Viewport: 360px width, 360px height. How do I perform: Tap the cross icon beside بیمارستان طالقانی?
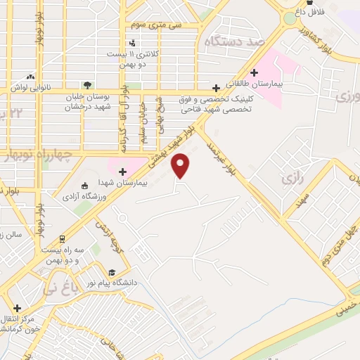[x=254, y=72]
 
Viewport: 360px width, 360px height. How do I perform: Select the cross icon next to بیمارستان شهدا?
[x=122, y=171]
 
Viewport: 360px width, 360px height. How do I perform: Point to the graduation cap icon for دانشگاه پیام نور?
[x=111, y=273]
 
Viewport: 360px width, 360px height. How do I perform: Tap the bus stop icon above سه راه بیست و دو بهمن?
[x=62, y=238]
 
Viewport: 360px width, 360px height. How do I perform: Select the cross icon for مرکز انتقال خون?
[x=17, y=308]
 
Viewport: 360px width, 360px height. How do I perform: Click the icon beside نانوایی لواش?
[x=30, y=76]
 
